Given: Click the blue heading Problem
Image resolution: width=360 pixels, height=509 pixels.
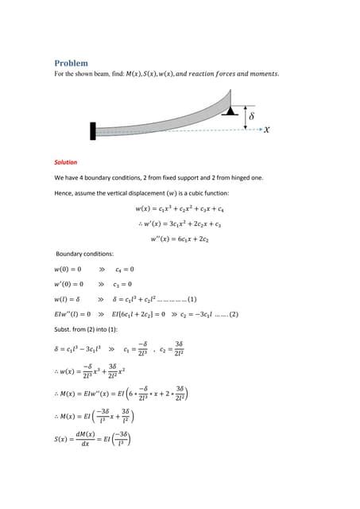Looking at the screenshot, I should tap(71, 63).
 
